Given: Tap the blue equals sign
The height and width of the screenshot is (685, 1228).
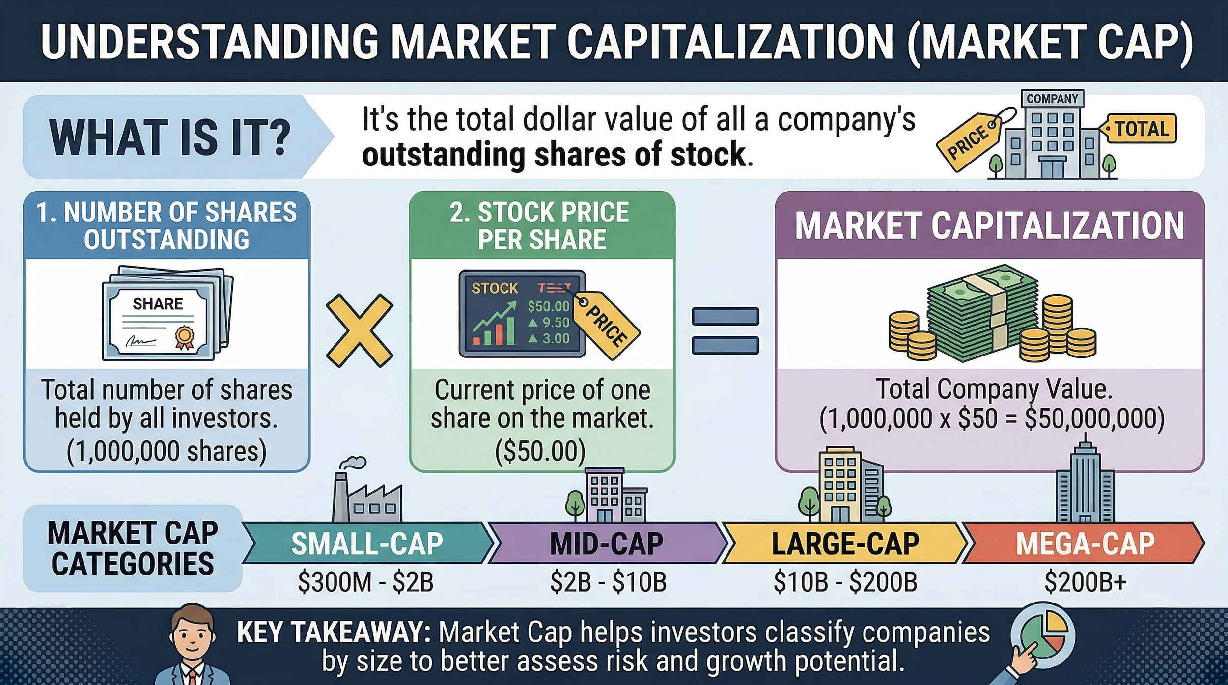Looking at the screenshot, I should [x=725, y=330].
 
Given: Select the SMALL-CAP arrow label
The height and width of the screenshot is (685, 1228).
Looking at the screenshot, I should [x=367, y=544].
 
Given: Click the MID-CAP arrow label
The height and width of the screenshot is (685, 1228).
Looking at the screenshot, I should [x=607, y=544].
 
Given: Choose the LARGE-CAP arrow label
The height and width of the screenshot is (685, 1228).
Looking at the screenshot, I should [x=845, y=544].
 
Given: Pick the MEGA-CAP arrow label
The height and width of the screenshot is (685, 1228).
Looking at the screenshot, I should [x=1085, y=544].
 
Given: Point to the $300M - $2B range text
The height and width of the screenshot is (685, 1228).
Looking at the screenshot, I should [x=366, y=582].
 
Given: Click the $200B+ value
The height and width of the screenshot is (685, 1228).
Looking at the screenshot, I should [x=1085, y=582].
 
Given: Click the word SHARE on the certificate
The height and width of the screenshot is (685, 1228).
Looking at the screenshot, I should [x=158, y=304].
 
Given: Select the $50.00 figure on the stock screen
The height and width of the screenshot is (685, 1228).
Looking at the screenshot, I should [x=548, y=307].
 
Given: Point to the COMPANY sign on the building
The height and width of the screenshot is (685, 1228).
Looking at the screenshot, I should [x=1052, y=99].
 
